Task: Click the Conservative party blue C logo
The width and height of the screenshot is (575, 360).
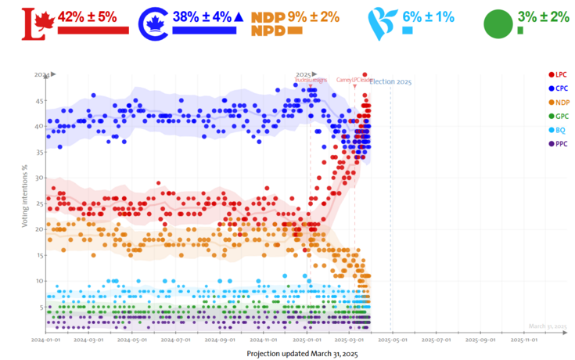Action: point(153,23)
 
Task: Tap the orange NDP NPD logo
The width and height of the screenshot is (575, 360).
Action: point(268,23)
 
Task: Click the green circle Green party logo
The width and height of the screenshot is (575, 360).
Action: point(498,23)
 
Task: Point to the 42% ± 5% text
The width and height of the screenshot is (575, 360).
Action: point(87,16)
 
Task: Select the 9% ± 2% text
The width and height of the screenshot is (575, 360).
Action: point(313,16)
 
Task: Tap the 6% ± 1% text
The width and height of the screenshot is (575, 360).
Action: point(427,16)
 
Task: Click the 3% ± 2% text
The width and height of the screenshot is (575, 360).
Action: point(543,16)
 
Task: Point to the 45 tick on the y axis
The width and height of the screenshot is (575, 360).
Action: point(38,100)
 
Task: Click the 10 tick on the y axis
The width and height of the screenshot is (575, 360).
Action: point(38,280)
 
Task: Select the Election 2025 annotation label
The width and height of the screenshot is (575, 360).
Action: point(390,81)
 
